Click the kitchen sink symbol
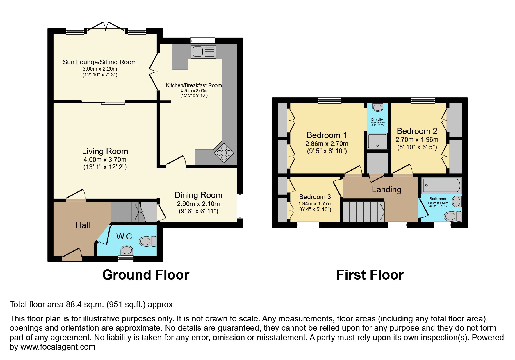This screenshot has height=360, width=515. point(203,52)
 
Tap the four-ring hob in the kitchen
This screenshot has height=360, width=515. point(224,153)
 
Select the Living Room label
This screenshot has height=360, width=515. point(105,151)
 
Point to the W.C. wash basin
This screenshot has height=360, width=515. point(126,250)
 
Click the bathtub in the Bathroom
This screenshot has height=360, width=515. point(441,185)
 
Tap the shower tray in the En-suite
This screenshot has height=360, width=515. point(377,141)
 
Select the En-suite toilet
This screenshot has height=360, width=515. point(377,108)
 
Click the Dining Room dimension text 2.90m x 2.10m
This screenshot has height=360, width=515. point(198,204)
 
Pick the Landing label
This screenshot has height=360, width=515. point(386,189)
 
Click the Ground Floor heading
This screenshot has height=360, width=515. point(146,275)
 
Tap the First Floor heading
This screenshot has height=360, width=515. point(370,275)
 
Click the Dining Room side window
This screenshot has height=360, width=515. point(240,206)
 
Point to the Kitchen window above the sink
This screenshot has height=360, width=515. point(203,40)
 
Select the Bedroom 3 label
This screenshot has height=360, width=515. point(315,197)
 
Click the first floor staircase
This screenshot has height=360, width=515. point(363,212)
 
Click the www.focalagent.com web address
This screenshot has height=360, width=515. point(58,347)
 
